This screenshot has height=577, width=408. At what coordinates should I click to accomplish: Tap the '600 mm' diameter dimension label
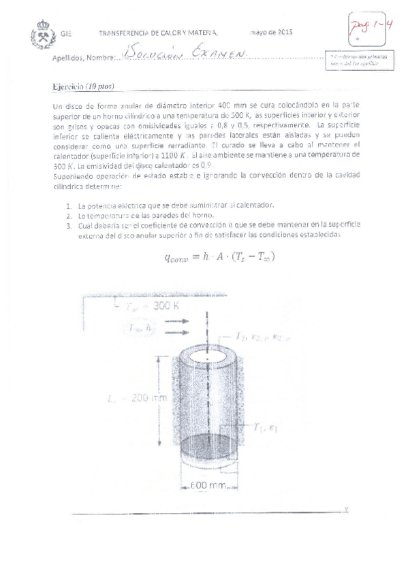pyautogui.click(x=204, y=485)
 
